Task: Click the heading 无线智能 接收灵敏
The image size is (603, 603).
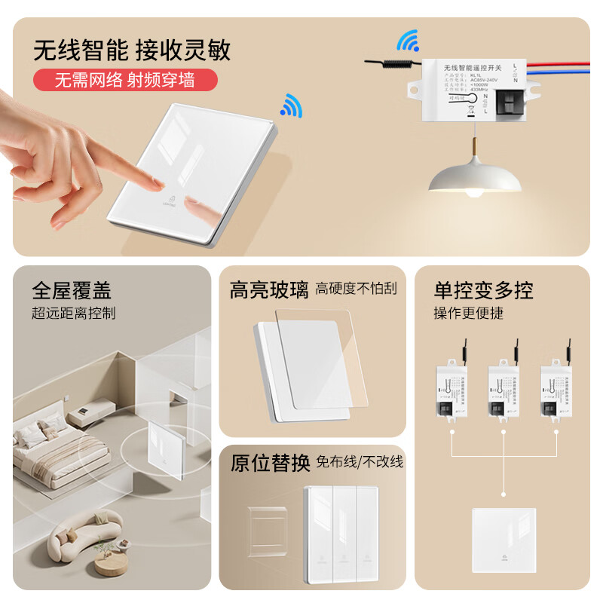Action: pyautogui.click(x=132, y=51)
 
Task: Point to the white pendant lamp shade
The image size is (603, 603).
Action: pyautogui.click(x=467, y=178)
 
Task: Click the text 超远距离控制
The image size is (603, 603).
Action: pyautogui.click(x=74, y=313)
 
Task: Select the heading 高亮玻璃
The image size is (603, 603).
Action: pyautogui.click(x=269, y=290)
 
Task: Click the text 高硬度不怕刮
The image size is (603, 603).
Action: pyautogui.click(x=356, y=289)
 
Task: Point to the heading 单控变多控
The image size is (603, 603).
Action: pyautogui.click(x=483, y=290)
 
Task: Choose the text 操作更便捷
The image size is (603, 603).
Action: pyautogui.click(x=468, y=313)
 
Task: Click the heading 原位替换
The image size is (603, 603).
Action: pyautogui.click(x=270, y=463)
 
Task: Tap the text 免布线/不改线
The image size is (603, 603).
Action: pyautogui.click(x=360, y=461)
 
